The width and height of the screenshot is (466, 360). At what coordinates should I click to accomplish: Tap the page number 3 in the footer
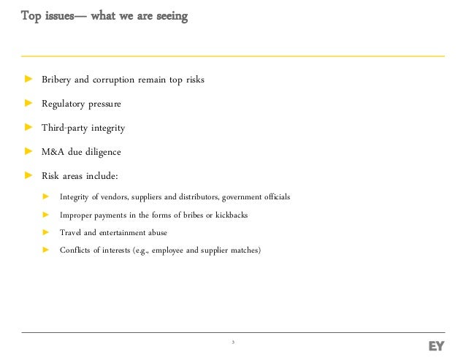click(x=232, y=342)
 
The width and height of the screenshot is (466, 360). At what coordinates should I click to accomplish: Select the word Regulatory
click(x=64, y=104)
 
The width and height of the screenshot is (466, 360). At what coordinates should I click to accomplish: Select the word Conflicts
click(x=75, y=250)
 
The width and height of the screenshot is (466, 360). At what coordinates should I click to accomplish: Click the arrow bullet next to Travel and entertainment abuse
click(x=45, y=233)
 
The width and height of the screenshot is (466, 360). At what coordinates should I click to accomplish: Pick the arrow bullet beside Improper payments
click(x=45, y=215)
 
